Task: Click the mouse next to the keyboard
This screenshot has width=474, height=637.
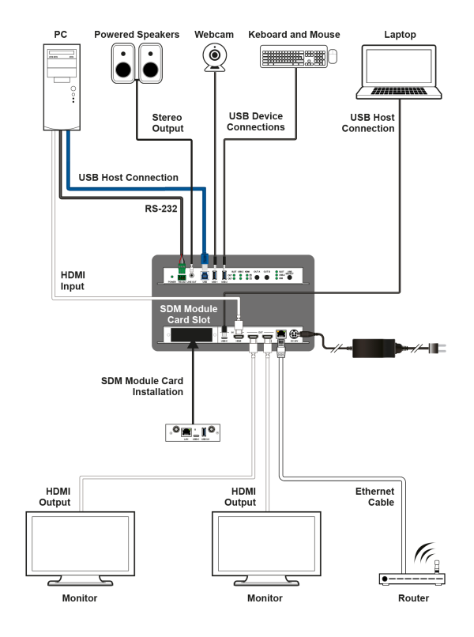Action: tap(332, 56)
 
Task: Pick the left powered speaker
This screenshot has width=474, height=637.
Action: tap(124, 62)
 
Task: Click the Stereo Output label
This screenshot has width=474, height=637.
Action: tap(167, 122)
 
